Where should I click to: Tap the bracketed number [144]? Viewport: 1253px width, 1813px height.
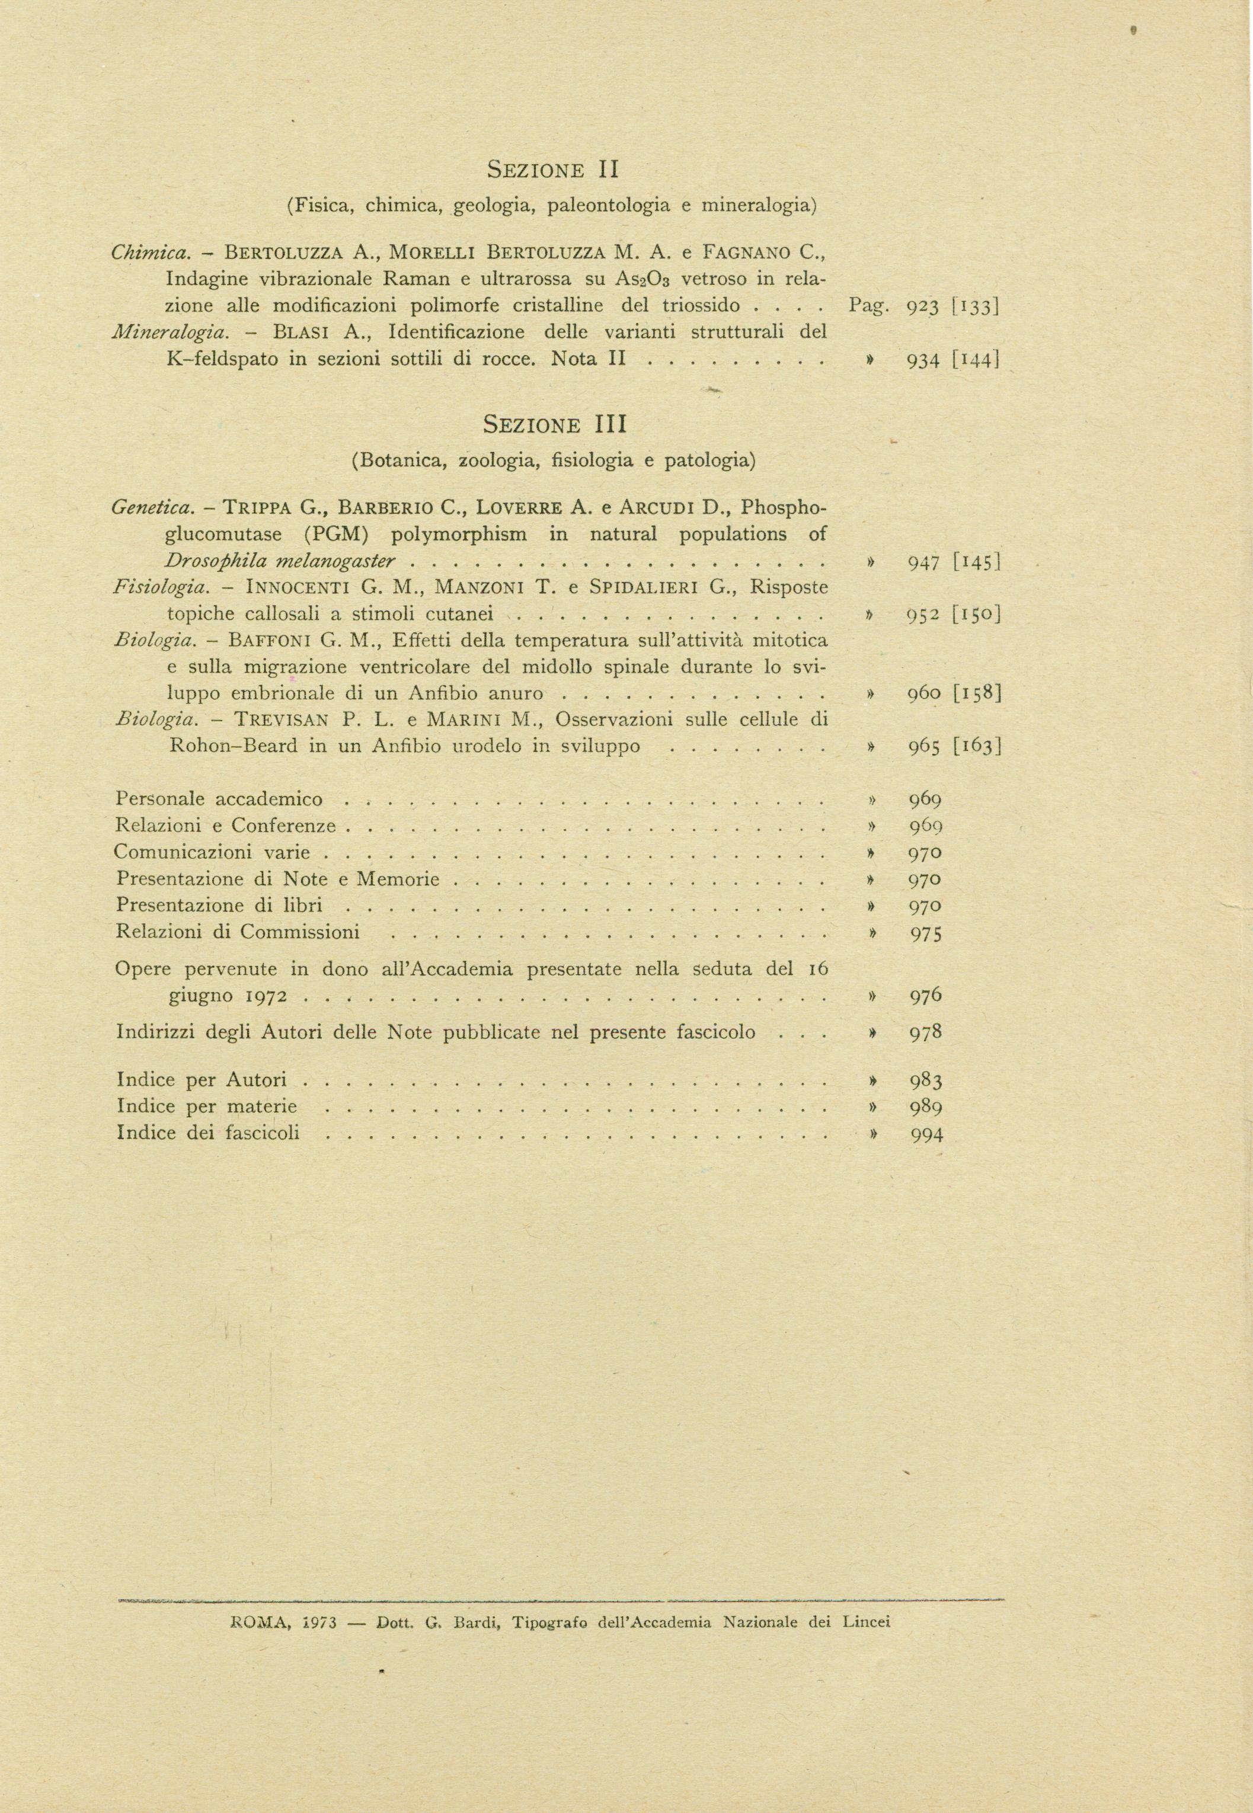(x=975, y=361)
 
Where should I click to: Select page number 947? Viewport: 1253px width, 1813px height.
(x=924, y=562)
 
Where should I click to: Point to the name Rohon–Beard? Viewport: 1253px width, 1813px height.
(x=233, y=746)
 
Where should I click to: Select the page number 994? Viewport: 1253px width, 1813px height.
(x=926, y=1135)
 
